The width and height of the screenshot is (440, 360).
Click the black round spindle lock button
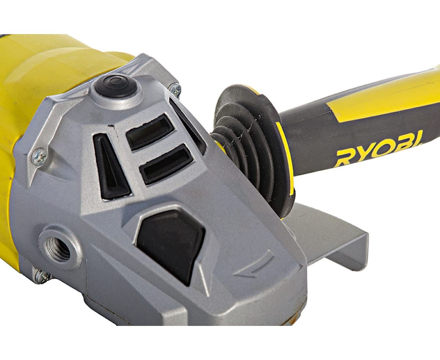tap(116, 85)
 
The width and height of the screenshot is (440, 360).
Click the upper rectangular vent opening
tap(150, 132)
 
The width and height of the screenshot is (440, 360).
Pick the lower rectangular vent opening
tap(166, 164)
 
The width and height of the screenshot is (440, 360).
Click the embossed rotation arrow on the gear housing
tap(253, 265)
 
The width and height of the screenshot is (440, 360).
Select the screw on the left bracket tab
tap(39, 157)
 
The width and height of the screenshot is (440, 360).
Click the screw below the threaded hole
tap(43, 276)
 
